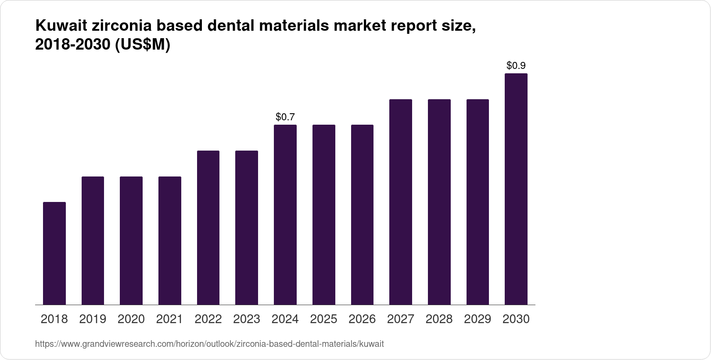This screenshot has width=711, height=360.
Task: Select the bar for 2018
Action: [54, 253]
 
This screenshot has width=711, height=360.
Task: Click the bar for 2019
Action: [93, 241]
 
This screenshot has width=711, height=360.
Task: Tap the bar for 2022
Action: [208, 227]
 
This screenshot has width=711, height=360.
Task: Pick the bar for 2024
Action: [285, 215]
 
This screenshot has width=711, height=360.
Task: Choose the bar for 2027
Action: [401, 202]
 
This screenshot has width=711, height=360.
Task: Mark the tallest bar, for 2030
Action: [516, 189]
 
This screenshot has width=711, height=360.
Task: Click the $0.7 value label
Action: [285, 117]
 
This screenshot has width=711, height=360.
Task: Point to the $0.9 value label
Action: [516, 66]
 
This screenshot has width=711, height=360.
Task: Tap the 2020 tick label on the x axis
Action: [131, 319]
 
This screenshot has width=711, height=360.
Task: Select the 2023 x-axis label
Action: [247, 319]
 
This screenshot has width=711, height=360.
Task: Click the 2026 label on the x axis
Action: [362, 319]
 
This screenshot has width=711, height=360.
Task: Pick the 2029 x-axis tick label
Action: [478, 319]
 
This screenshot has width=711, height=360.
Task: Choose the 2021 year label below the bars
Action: [169, 319]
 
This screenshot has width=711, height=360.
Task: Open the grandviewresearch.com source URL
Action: [209, 344]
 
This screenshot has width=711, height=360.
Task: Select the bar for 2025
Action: [324, 215]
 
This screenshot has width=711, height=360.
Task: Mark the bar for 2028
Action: [439, 202]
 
